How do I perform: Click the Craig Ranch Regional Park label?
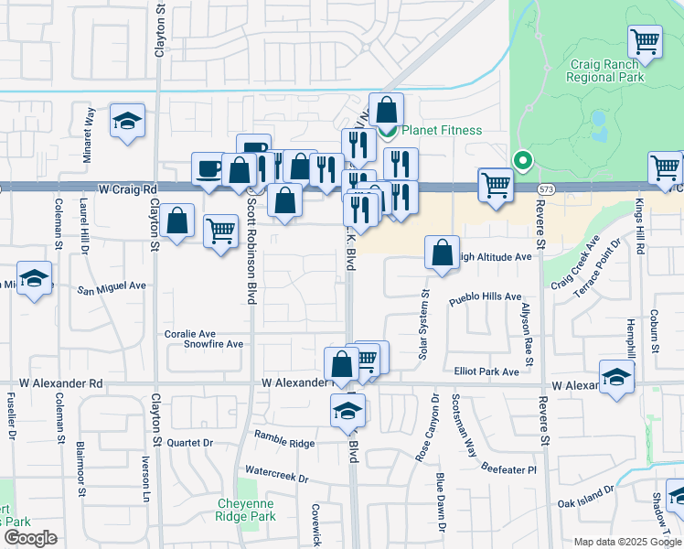click(606, 70)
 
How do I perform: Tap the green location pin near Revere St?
click(522, 160)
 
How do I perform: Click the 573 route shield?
click(547, 188)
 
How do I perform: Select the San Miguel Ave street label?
click(111, 286)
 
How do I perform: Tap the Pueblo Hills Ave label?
click(485, 298)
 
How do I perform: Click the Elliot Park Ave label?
click(486, 371)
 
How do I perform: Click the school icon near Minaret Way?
click(127, 121)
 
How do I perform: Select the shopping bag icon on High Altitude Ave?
click(442, 253)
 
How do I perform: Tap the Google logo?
click(29, 537)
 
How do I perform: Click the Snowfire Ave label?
click(213, 344)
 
